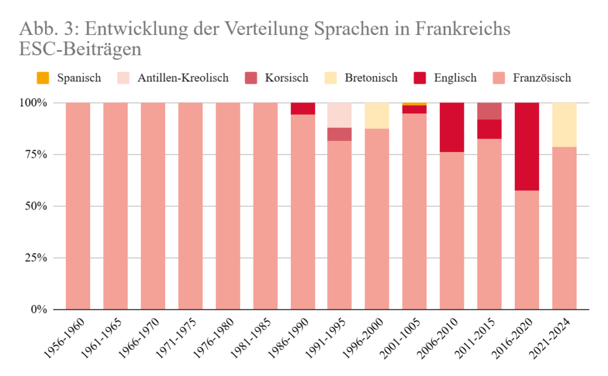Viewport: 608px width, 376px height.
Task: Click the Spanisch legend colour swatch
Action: [43, 78]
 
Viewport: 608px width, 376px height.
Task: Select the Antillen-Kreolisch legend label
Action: [183, 78]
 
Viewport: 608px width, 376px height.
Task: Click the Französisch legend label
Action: [541, 78]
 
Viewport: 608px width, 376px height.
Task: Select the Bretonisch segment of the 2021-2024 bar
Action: [564, 125]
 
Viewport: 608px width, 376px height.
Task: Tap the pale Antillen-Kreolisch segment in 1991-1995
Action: [340, 115]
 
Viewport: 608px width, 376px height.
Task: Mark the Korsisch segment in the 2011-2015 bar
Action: [489, 110]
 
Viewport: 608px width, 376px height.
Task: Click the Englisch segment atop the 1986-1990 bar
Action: [302, 108]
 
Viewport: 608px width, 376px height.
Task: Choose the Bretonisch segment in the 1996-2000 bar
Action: [377, 115]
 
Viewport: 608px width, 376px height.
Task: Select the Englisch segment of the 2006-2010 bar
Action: [452, 127]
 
